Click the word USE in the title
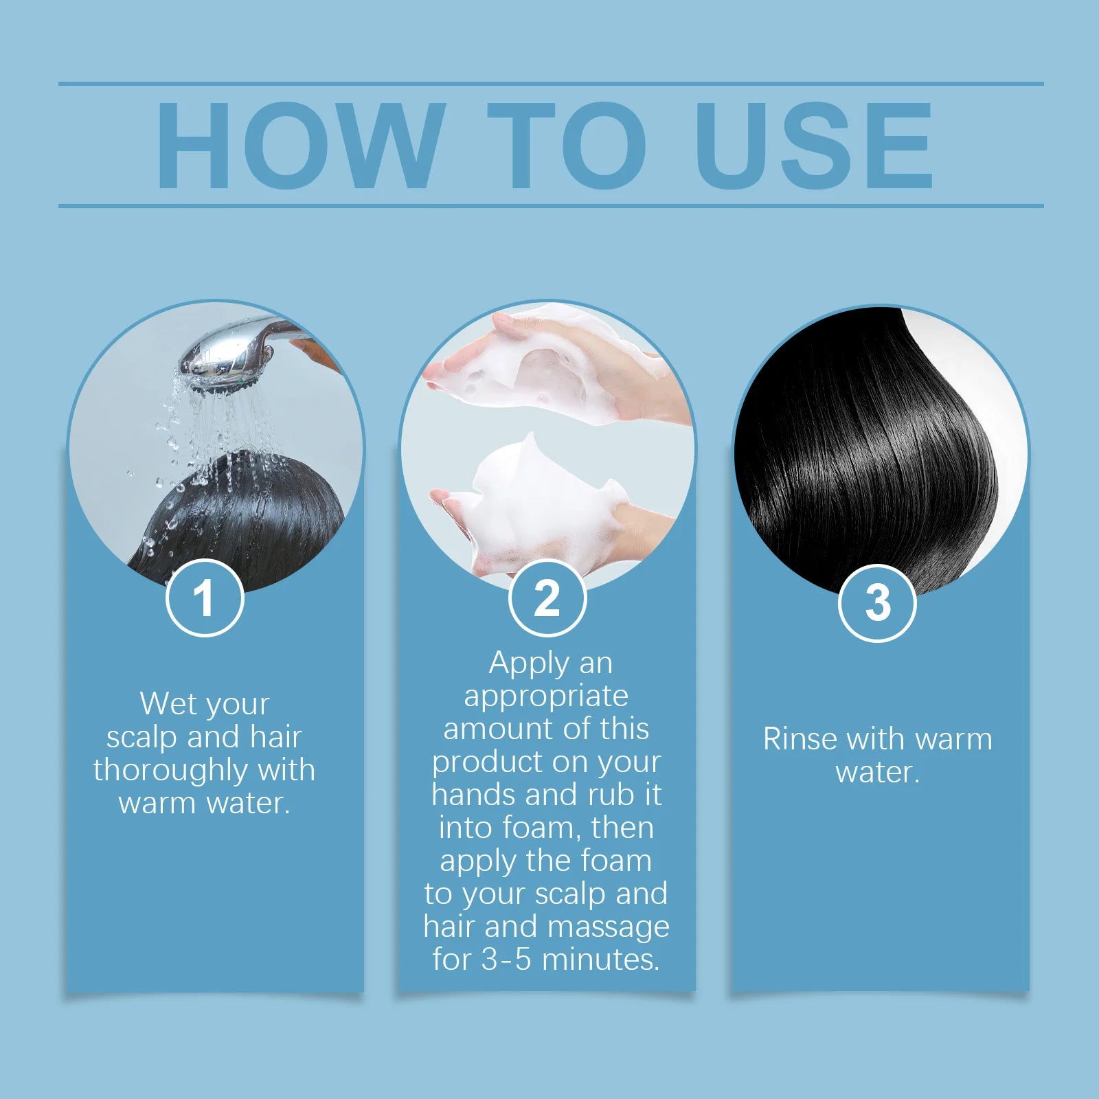click(814, 146)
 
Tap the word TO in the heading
click(567, 146)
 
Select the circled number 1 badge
click(205, 598)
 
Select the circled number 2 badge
click(547, 598)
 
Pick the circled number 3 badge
click(877, 603)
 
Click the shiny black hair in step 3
click(872, 453)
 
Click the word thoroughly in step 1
click(170, 770)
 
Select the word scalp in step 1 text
click(141, 737)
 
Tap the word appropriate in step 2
click(546, 696)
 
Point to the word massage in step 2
click(609, 927)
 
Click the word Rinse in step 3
click(800, 740)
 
